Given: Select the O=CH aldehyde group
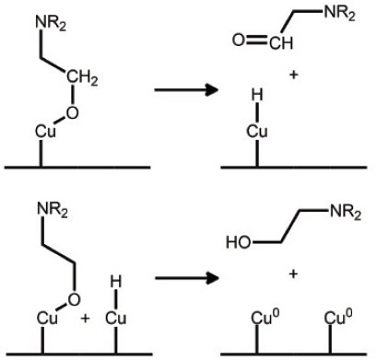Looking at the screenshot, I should (253, 41).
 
